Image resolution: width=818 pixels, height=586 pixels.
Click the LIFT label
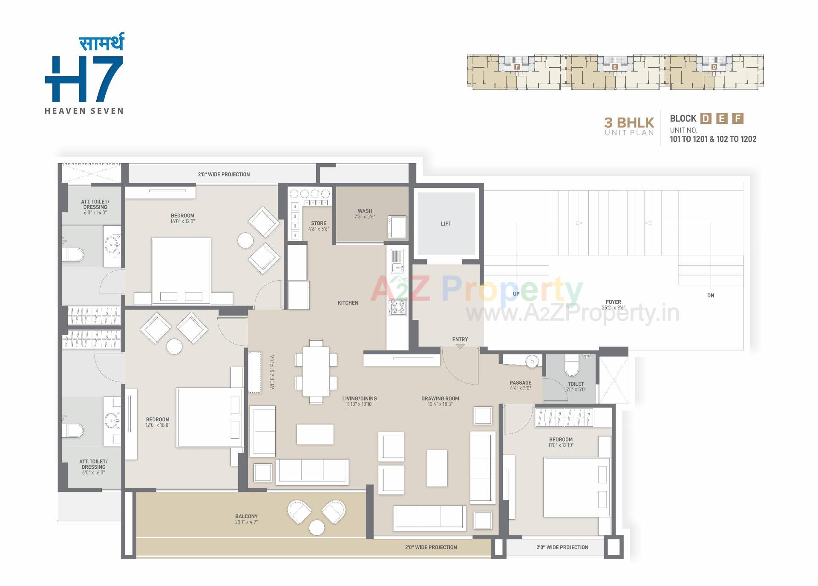click(446, 224)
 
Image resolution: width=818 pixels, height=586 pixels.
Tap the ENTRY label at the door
click(460, 339)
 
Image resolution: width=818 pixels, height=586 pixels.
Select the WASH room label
click(365, 211)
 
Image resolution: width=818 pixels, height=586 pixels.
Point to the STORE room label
click(318, 223)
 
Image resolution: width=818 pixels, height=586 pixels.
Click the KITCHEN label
click(348, 303)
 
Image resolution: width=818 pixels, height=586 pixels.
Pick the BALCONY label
click(246, 516)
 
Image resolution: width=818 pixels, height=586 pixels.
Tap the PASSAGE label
click(520, 382)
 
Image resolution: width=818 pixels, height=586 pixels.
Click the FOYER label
click(613, 302)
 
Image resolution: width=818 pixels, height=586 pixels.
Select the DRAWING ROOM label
click(440, 399)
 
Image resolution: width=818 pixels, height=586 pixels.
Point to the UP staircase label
click(516, 294)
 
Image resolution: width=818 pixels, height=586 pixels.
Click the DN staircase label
click(710, 295)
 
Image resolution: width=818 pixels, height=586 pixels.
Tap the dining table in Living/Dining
click(316, 371)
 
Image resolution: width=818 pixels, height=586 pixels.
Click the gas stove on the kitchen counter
click(397, 307)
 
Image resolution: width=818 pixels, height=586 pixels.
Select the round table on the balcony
click(317, 528)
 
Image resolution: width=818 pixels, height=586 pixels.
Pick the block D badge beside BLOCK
click(706, 118)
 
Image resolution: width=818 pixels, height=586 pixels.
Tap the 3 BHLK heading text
click(629, 123)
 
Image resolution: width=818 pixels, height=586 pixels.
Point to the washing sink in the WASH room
click(397, 227)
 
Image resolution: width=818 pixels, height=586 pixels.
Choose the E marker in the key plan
click(615, 67)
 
